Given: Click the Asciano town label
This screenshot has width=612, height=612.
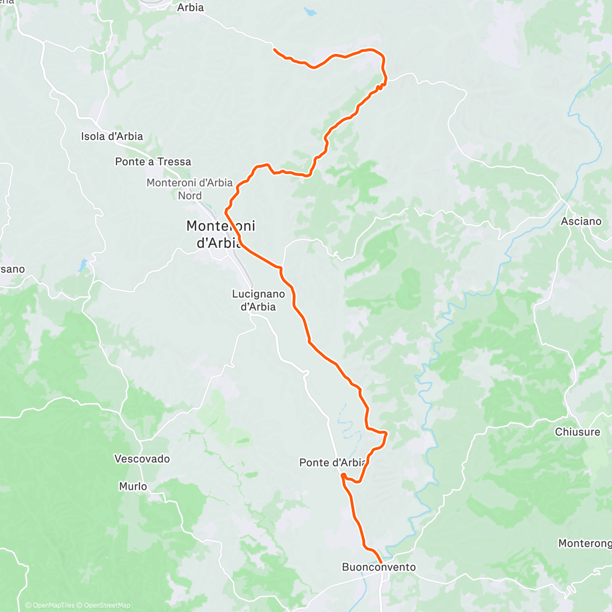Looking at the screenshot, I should click(581, 221).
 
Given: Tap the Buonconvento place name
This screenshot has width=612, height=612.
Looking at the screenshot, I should click(378, 567).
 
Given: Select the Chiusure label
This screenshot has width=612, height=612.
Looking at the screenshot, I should click(577, 432).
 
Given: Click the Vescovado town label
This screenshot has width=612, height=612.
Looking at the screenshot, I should click(142, 458).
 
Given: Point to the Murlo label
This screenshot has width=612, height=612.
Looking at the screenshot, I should click(133, 486).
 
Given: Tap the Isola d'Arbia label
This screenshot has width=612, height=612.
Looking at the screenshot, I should click(112, 136).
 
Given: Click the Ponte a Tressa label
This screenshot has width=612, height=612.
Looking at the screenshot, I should click(153, 162).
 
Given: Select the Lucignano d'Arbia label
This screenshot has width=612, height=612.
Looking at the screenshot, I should click(258, 300).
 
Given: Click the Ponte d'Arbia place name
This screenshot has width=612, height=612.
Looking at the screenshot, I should click(333, 463).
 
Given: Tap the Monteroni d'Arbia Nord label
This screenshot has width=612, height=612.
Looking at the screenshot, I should click(189, 189).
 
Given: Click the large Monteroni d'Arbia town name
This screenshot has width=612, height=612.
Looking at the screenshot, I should click(220, 234).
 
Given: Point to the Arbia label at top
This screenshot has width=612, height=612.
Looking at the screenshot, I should click(190, 8).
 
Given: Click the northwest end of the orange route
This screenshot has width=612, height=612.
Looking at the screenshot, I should click(274, 49).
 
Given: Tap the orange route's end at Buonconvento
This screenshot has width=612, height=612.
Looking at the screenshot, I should click(381, 563).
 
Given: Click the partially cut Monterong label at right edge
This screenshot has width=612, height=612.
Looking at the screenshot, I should click(584, 543).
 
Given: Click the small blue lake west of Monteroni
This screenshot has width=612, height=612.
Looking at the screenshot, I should click(83, 265).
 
